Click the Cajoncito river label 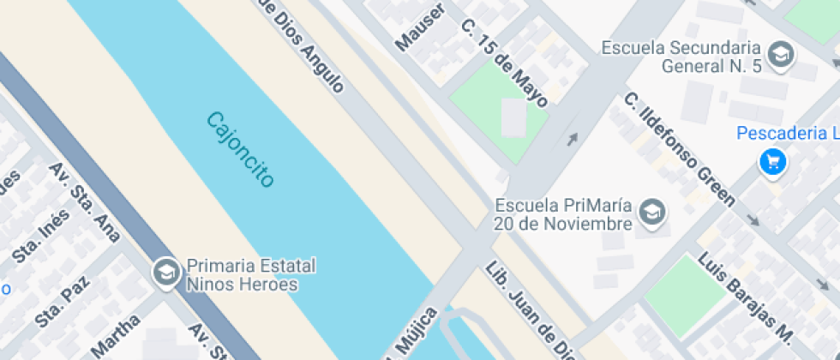[x=240, y=150]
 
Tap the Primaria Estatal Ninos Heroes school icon [x=165, y=273]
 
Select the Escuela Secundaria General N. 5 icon [x=781, y=56]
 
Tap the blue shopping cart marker [x=773, y=162]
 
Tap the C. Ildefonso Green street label [x=679, y=150]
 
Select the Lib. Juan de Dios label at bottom [x=524, y=309]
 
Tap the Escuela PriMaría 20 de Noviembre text [x=562, y=214]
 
